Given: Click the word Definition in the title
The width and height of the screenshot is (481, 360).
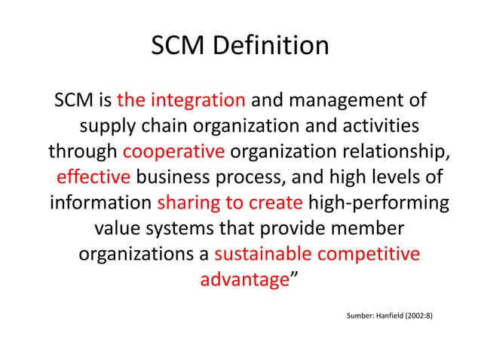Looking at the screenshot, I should tap(276, 47).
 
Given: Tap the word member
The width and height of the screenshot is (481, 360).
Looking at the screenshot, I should tap(367, 227).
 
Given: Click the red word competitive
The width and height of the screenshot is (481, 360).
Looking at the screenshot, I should tap(375, 253).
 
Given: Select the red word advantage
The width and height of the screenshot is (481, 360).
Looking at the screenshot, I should tap(244, 279).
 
